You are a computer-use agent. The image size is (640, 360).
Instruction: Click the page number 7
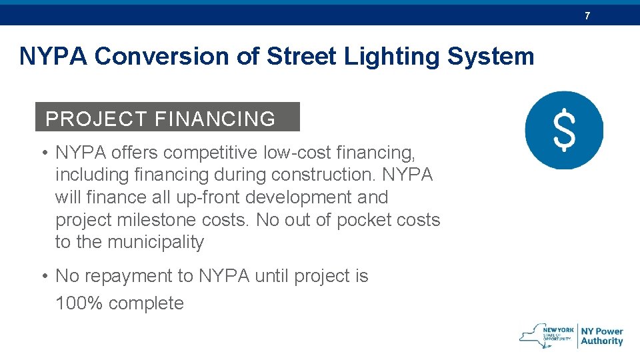pos(587,15)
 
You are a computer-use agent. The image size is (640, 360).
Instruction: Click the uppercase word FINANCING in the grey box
pos(215,119)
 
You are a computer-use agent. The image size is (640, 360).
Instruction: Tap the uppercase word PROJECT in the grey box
pos(96,119)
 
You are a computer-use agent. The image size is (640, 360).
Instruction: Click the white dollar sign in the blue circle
pos(564,130)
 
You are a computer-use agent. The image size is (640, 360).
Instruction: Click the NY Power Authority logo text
pos(601,336)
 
